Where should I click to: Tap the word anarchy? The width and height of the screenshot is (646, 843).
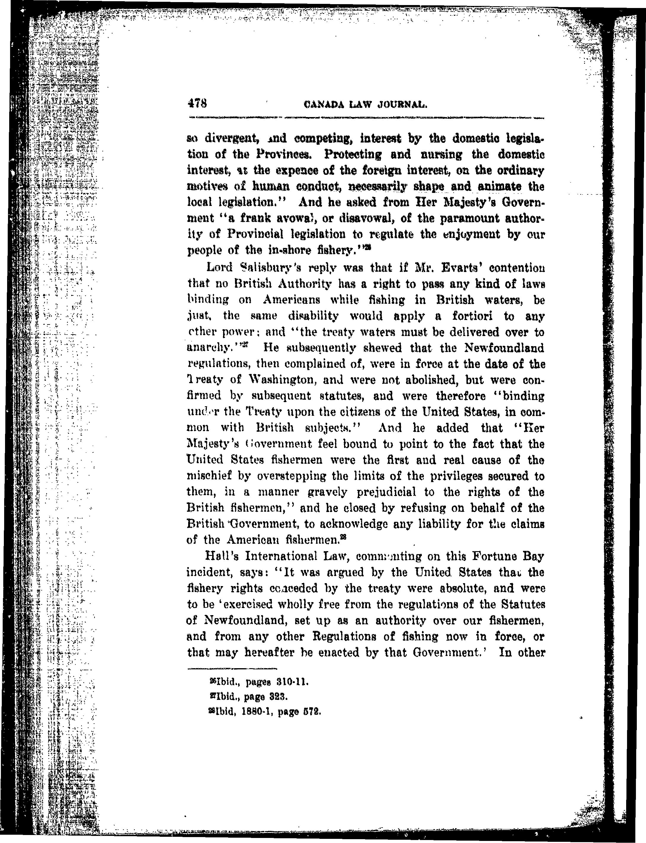[x=210, y=348]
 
